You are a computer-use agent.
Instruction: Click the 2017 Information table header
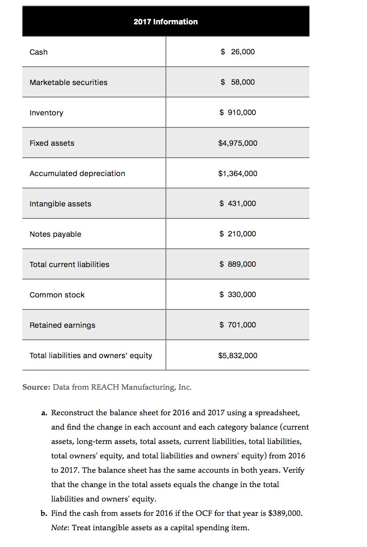[166, 22]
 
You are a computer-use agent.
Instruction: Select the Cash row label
[38, 52]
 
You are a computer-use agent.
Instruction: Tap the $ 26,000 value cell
[237, 52]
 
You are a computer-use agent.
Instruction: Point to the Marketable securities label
[68, 82]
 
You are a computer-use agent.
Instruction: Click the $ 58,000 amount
[237, 82]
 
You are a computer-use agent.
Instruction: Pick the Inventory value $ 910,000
[237, 112]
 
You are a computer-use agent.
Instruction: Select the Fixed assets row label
[52, 143]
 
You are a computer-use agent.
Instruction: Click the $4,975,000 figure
[237, 143]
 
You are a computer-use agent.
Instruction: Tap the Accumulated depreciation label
[77, 173]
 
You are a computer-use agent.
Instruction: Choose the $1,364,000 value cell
[237, 173]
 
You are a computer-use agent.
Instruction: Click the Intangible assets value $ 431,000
[237, 203]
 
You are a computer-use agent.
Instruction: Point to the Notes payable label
[55, 234]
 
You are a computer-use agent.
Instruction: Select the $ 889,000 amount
[237, 264]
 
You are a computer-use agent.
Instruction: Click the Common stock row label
[57, 295]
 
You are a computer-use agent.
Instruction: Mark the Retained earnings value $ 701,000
[237, 325]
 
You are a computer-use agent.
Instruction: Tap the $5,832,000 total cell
[237, 355]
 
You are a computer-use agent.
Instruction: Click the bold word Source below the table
[36, 387]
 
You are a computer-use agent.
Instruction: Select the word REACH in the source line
[105, 387]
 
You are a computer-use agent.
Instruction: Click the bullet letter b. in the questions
[44, 513]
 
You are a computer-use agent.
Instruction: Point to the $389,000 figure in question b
[285, 513]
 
